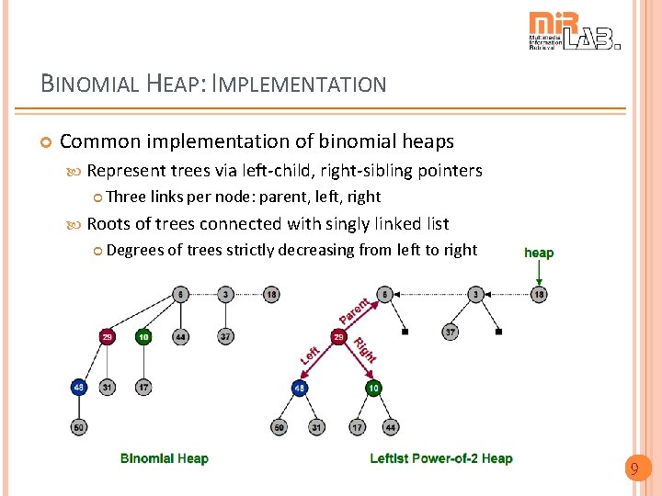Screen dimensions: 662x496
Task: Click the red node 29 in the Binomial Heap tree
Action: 108,337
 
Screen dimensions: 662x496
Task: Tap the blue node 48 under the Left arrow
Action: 299,389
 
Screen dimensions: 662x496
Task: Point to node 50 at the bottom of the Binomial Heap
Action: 78,427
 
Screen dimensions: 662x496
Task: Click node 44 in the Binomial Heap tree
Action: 180,337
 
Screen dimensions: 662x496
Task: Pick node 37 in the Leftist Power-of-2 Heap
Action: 450,333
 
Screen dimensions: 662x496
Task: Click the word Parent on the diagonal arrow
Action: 354,310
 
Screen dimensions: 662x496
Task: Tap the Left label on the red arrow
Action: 311,354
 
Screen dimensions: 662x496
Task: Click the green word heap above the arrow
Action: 539,253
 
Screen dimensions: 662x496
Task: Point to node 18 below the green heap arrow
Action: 539,294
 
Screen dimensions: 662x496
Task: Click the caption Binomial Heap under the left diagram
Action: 165,458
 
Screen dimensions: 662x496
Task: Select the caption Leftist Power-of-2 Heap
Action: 441,458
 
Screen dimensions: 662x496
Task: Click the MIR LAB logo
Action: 574,31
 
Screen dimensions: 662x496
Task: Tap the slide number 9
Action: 633,470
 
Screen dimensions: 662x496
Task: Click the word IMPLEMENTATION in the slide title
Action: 299,85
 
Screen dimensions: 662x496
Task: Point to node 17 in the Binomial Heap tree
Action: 143,388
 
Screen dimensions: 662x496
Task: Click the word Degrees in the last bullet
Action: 135,250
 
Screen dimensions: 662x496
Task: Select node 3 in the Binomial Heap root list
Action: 226,294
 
